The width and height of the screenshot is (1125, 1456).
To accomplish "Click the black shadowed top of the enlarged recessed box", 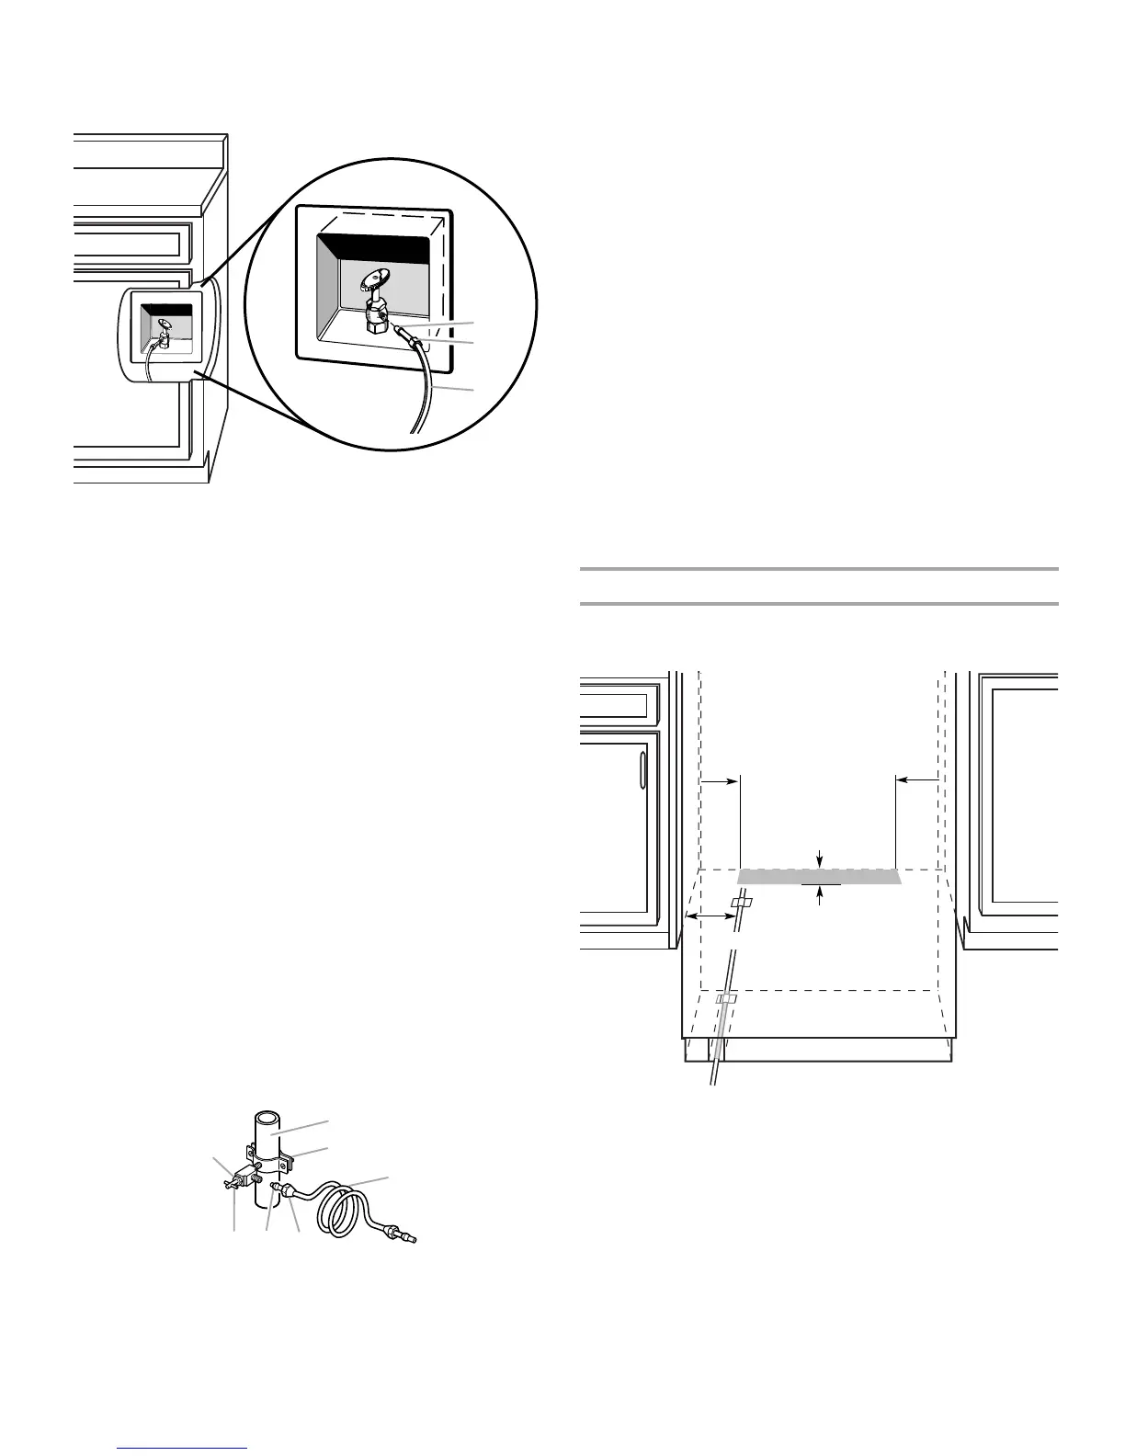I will tap(371, 248).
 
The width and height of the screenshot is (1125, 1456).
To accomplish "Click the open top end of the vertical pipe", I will tap(267, 1120).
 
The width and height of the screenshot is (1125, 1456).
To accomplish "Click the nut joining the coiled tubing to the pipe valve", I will tap(290, 1191).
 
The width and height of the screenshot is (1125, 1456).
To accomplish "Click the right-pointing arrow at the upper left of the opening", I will tap(721, 779).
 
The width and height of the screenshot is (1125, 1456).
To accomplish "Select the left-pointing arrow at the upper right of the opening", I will tap(915, 779).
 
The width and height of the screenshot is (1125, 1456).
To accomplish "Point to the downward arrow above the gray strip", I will tap(820, 859).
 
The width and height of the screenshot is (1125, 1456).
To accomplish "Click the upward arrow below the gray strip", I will tap(820, 896).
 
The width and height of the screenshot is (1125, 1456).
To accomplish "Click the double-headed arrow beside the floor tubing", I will tap(709, 917).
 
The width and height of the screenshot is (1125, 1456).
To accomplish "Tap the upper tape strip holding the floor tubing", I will tap(741, 904).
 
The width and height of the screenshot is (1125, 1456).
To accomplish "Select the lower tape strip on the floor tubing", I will tap(727, 998).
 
